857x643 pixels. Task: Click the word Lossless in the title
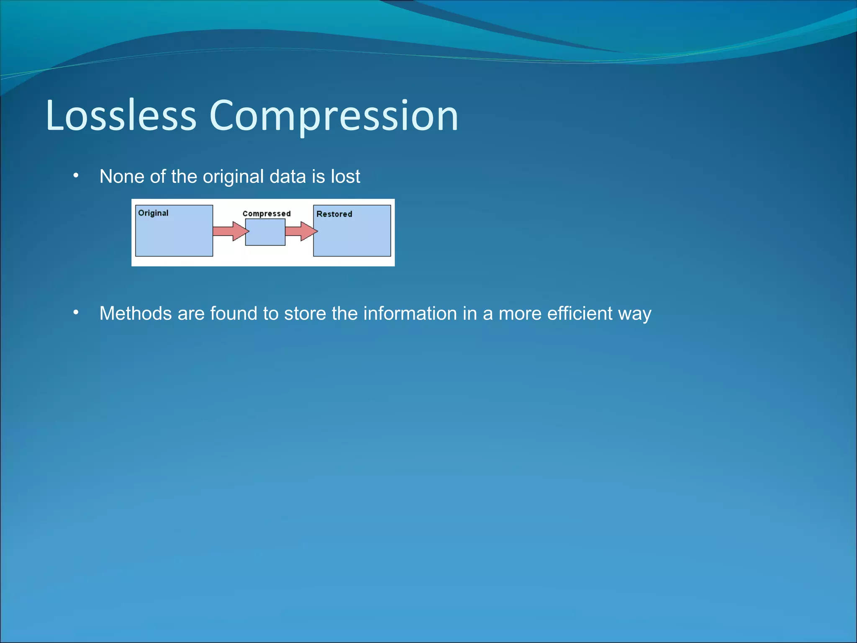tap(121, 116)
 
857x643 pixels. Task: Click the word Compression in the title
tap(334, 116)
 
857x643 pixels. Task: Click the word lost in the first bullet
tap(345, 177)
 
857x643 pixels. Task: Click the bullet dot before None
tap(76, 175)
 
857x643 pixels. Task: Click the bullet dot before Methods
tap(76, 312)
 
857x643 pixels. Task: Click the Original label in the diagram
tap(153, 213)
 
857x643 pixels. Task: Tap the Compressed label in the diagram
tap(267, 213)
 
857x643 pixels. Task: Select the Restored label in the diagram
tap(334, 214)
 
